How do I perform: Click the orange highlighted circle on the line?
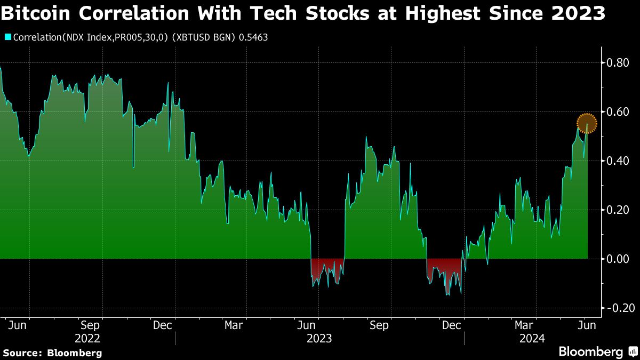587,123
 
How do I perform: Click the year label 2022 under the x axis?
87,338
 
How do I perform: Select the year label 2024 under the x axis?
532,338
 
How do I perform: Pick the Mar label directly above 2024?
524,325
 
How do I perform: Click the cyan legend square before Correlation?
8,37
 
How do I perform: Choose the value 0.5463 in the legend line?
254,37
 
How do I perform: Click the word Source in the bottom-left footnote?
22,353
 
